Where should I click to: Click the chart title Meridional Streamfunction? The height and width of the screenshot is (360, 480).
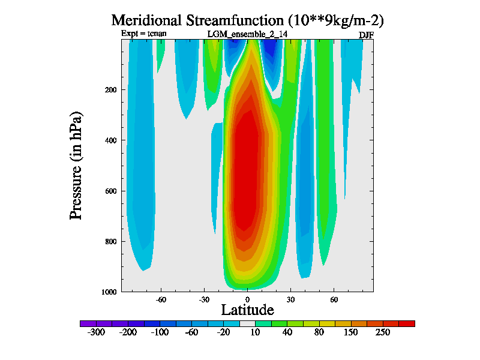pyautogui.click(x=247, y=20)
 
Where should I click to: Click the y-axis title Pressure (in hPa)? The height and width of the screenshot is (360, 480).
pyautogui.click(x=76, y=166)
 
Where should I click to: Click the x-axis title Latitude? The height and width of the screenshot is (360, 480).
pyautogui.click(x=247, y=310)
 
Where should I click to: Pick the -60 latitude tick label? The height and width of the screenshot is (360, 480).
pyautogui.click(x=160, y=299)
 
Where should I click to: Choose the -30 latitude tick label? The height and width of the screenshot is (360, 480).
pyautogui.click(x=203, y=299)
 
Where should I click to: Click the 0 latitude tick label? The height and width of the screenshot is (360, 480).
pyautogui.click(x=247, y=299)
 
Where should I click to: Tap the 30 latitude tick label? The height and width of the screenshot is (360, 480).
pyautogui.click(x=290, y=299)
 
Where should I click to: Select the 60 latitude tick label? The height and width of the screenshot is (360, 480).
pyautogui.click(x=334, y=299)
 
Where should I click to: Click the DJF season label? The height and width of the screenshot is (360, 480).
pyautogui.click(x=366, y=35)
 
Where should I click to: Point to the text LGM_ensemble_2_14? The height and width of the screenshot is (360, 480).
pyautogui.click(x=247, y=34)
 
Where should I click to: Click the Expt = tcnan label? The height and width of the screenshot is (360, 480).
pyautogui.click(x=144, y=34)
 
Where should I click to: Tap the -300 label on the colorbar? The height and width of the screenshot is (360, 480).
pyautogui.click(x=96, y=332)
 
